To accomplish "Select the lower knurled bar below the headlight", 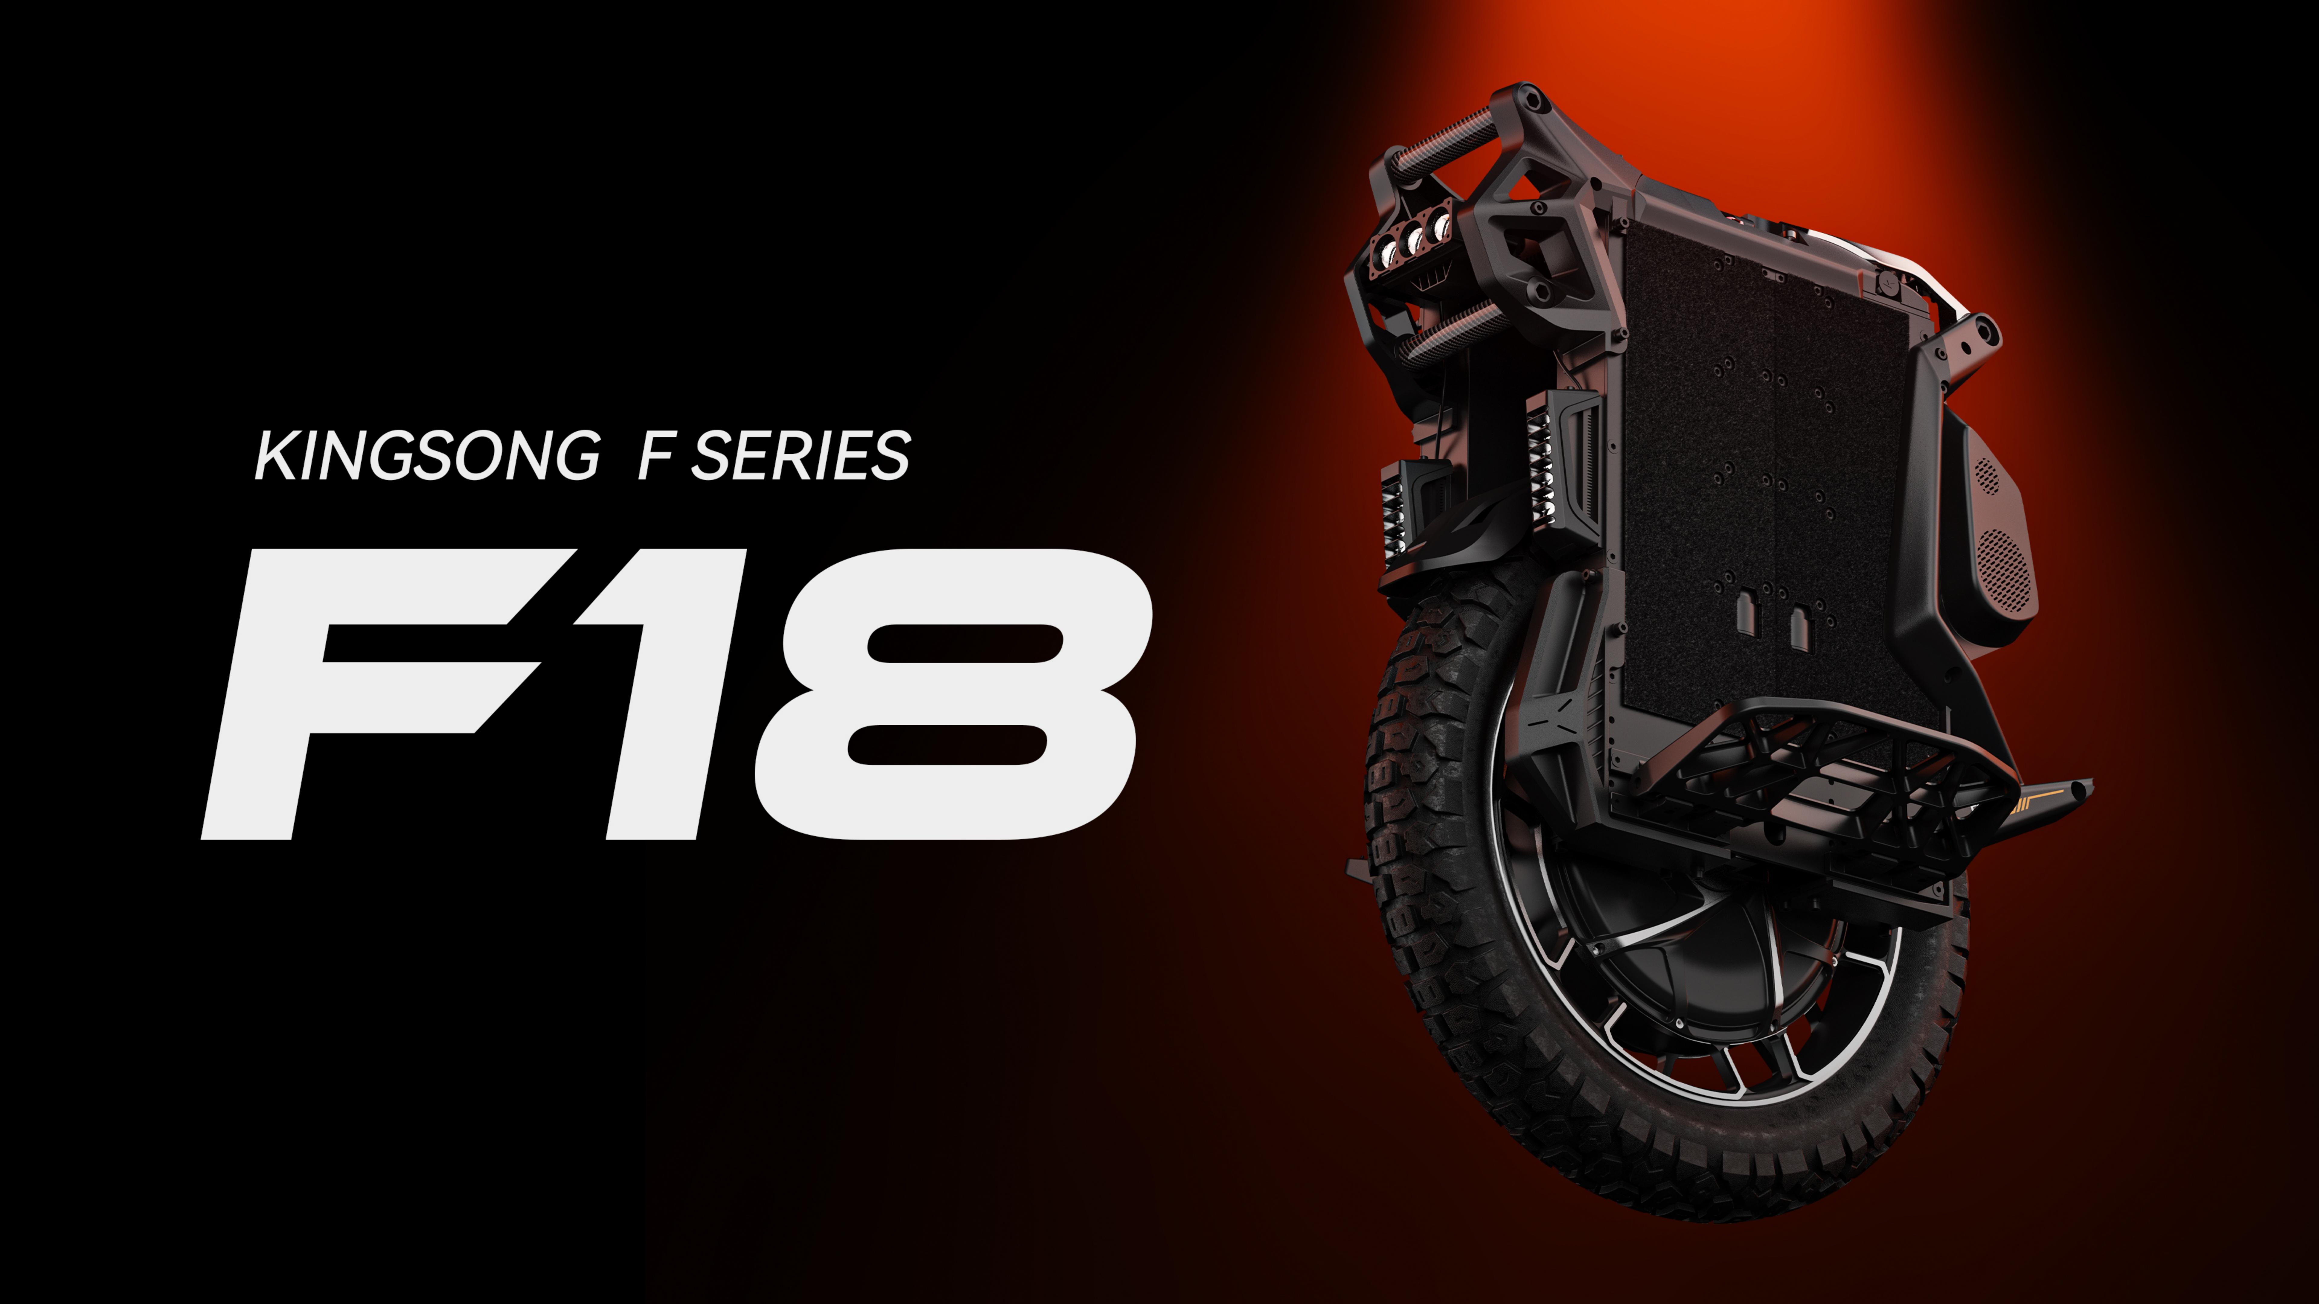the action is point(1451,335).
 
